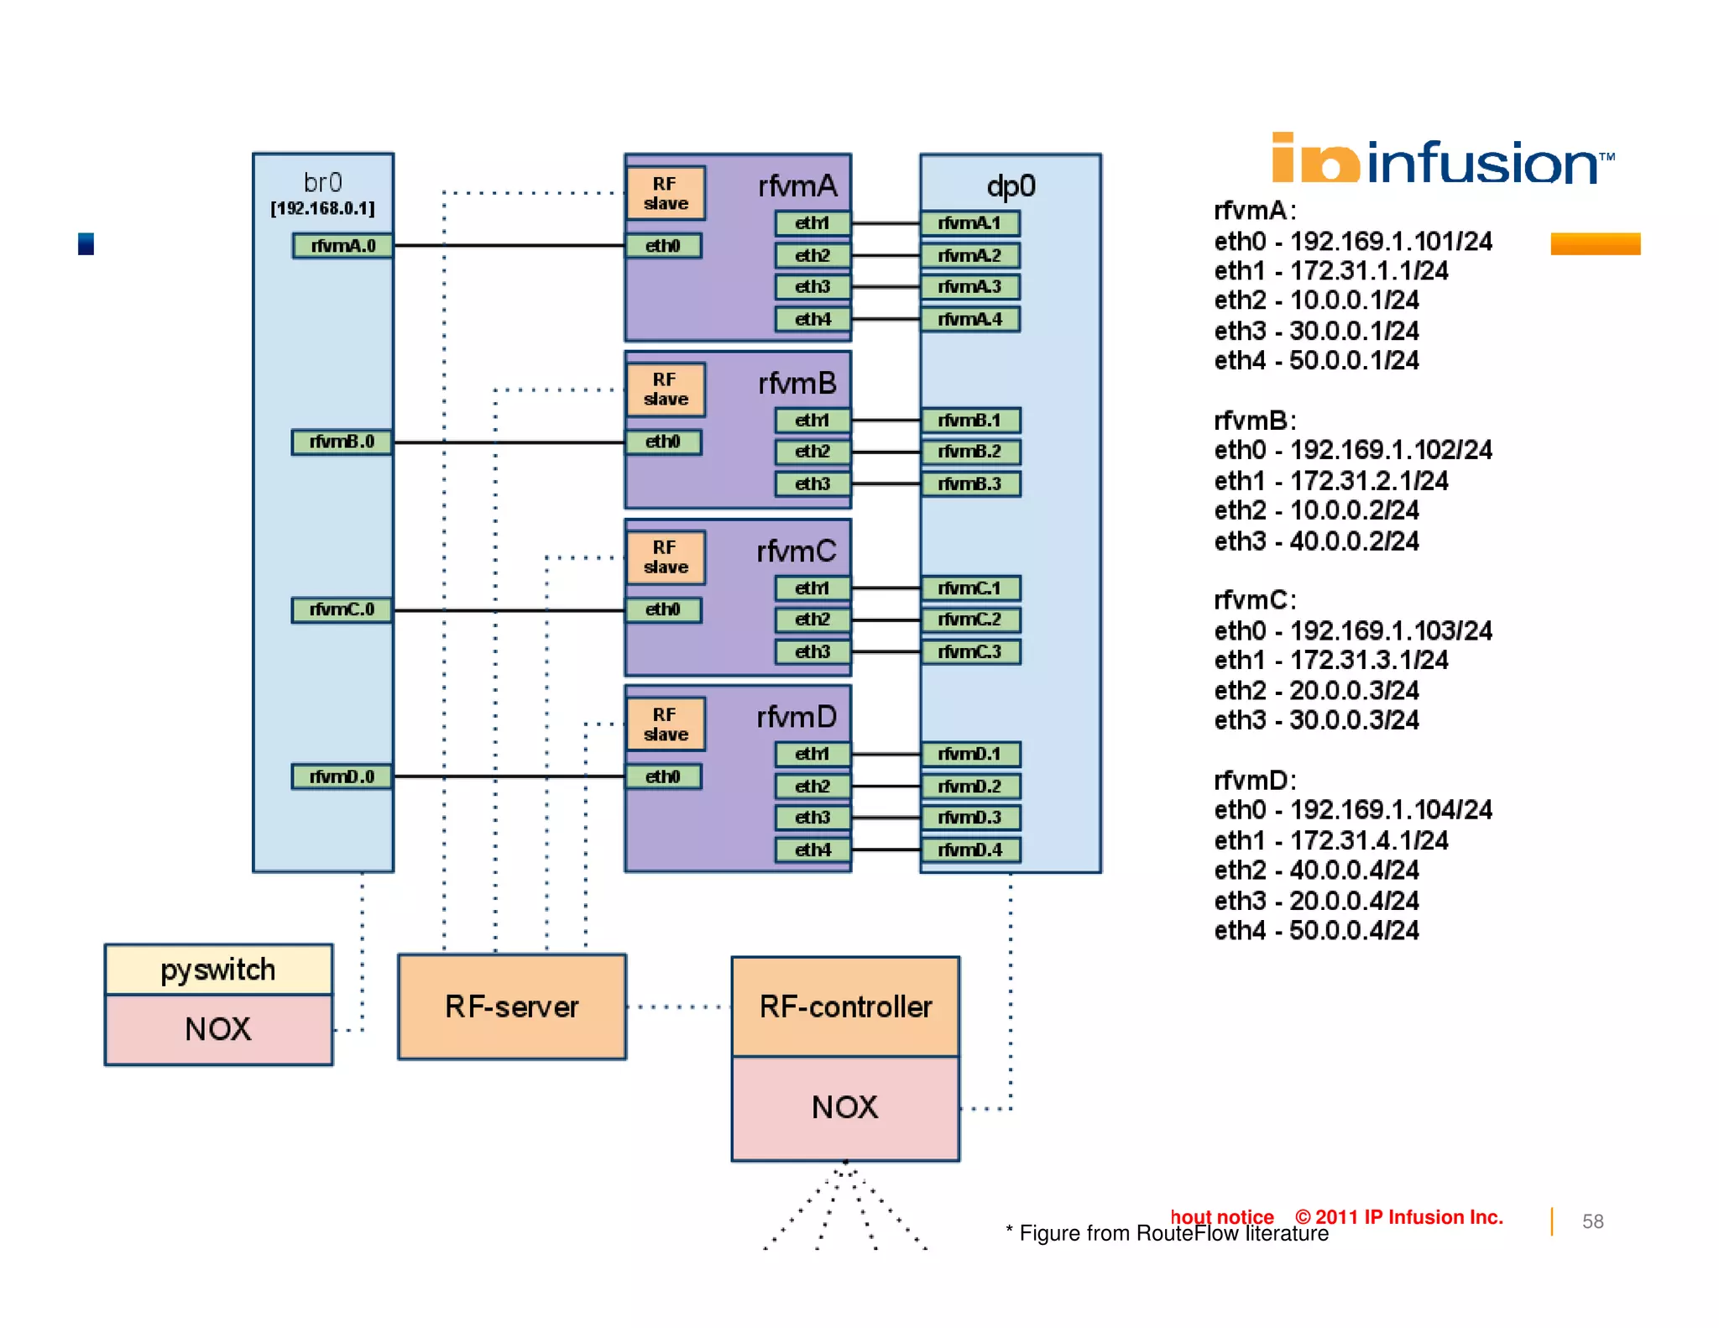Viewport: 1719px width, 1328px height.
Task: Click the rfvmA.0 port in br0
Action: click(342, 246)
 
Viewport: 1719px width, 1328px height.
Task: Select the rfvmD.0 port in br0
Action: click(342, 776)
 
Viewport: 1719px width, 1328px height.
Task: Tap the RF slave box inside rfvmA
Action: click(666, 193)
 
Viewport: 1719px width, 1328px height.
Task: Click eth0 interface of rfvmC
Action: click(662, 609)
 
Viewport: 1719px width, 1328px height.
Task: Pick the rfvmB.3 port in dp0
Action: click(970, 484)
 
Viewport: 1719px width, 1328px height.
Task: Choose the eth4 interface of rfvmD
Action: click(812, 850)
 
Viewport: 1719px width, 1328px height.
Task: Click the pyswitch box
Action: click(218, 970)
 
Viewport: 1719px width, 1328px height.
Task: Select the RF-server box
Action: click(512, 1006)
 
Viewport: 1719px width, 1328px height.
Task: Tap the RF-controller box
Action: click(845, 1006)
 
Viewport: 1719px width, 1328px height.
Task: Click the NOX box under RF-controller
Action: click(845, 1108)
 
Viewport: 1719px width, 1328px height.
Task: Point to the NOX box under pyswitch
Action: click(218, 1029)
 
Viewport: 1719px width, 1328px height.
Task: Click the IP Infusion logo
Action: click(1442, 160)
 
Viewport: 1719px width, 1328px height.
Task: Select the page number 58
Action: click(1592, 1221)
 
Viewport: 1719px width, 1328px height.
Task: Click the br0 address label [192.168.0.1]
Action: click(323, 208)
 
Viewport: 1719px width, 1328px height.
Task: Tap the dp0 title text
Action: click(1011, 186)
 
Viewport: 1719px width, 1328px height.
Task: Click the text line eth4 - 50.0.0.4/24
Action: click(1316, 931)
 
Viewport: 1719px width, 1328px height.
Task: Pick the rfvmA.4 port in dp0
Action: click(970, 320)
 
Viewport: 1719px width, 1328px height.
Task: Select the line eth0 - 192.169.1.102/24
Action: click(1353, 451)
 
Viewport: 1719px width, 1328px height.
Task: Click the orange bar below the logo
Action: click(1595, 244)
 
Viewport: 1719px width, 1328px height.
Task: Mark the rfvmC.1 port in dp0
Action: click(970, 588)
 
